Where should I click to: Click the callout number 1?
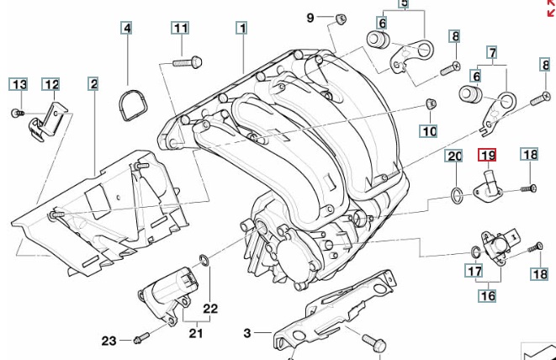click(241, 28)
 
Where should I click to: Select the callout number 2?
click(93, 83)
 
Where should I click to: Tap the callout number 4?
click(127, 28)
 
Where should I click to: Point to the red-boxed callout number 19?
click(488, 155)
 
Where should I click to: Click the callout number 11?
click(181, 28)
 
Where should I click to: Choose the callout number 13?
click(19, 83)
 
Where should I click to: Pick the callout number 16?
click(488, 295)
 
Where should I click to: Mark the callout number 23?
click(109, 341)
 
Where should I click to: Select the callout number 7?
click(491, 52)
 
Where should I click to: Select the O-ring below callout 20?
click(454, 197)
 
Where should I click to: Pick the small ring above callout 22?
click(204, 258)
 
